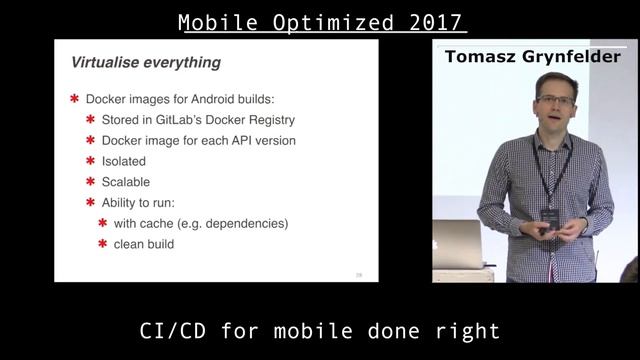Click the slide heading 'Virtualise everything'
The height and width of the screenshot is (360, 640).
point(145,63)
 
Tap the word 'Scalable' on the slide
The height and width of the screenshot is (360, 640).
point(125,182)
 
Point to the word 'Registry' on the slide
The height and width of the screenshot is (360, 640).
point(271,120)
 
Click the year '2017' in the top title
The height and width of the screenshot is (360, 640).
point(433,21)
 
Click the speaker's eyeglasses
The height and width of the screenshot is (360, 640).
point(555,101)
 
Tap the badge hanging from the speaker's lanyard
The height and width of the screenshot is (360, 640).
point(547,215)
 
